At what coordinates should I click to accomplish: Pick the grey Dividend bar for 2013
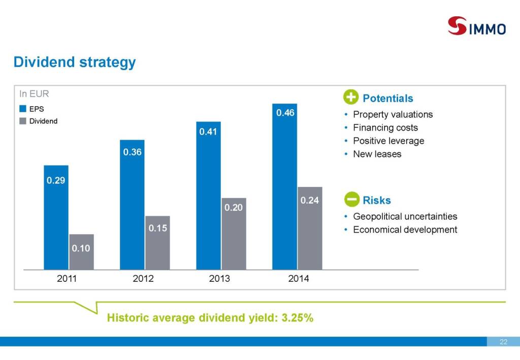click(x=234, y=234)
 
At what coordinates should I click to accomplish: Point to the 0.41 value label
click(x=208, y=132)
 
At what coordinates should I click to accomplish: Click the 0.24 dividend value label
click(x=309, y=201)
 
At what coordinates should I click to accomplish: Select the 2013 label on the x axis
click(x=219, y=279)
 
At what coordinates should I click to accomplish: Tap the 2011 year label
click(x=67, y=279)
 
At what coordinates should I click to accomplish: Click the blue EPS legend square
click(x=23, y=109)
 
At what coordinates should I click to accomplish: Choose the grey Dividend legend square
click(x=23, y=121)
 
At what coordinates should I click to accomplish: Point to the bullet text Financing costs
click(x=385, y=127)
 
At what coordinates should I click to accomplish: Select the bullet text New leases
click(x=377, y=154)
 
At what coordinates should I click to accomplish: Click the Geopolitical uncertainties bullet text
click(x=405, y=216)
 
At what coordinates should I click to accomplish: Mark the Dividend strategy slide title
click(x=75, y=62)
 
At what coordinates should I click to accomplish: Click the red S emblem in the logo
click(x=457, y=26)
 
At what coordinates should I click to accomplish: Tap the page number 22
click(x=503, y=342)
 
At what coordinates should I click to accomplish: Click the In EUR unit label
click(x=34, y=94)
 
